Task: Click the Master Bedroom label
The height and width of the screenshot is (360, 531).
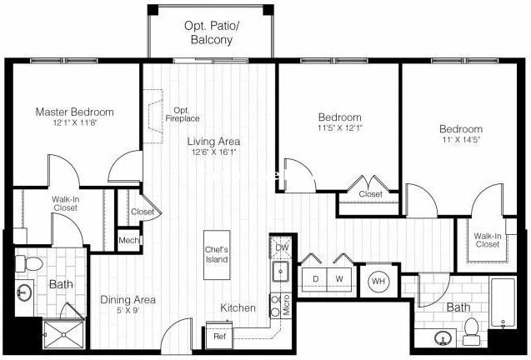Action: coord(74,112)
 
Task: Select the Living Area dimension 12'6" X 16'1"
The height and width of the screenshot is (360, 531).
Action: coord(213,152)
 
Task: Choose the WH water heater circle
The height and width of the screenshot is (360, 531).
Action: coord(378,280)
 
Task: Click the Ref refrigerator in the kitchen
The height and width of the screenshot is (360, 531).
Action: coord(219,336)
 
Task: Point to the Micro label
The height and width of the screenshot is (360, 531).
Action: coord(285,306)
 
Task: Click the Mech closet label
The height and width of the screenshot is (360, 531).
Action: coord(128,241)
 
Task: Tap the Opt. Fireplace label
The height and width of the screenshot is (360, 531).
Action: coord(182,116)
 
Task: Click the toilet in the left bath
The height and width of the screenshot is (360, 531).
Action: coord(33,263)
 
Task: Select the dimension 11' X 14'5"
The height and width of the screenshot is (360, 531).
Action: coord(461,141)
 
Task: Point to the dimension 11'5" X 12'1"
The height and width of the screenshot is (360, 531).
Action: coord(339,128)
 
